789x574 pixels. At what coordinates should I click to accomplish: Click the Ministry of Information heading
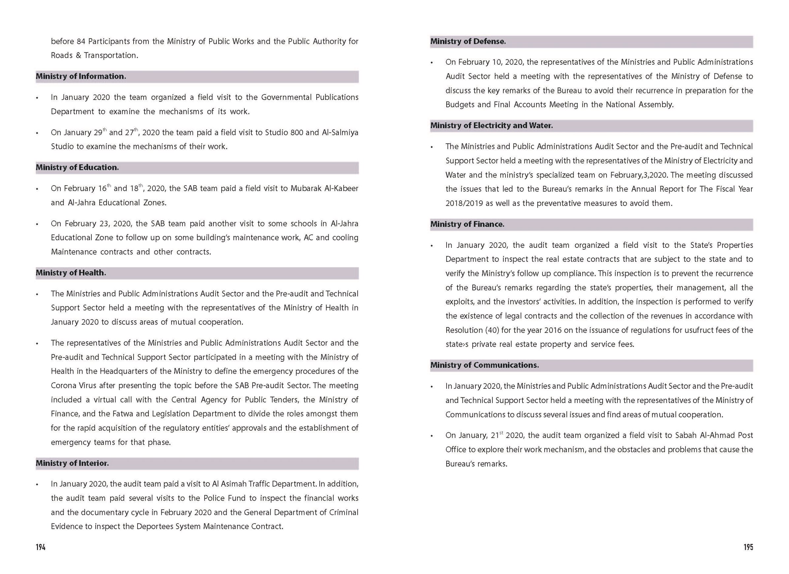[x=81, y=77]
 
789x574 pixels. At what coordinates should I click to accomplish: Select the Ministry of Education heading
[x=77, y=167]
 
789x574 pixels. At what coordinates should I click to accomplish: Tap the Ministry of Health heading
[x=71, y=273]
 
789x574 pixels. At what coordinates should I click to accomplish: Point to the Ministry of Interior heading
[x=72, y=463]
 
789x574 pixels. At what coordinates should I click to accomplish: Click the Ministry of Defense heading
[x=468, y=41]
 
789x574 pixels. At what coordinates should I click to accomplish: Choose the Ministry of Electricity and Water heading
[x=491, y=126]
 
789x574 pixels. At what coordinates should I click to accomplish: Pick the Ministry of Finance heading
[x=467, y=224]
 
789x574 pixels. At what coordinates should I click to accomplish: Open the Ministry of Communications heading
[x=484, y=365]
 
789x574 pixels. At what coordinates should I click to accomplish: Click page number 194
[x=41, y=547]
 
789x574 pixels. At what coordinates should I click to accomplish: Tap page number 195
[x=748, y=547]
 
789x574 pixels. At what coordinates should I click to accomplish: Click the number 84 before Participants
[x=81, y=41]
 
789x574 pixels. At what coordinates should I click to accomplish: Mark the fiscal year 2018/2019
[x=464, y=203]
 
